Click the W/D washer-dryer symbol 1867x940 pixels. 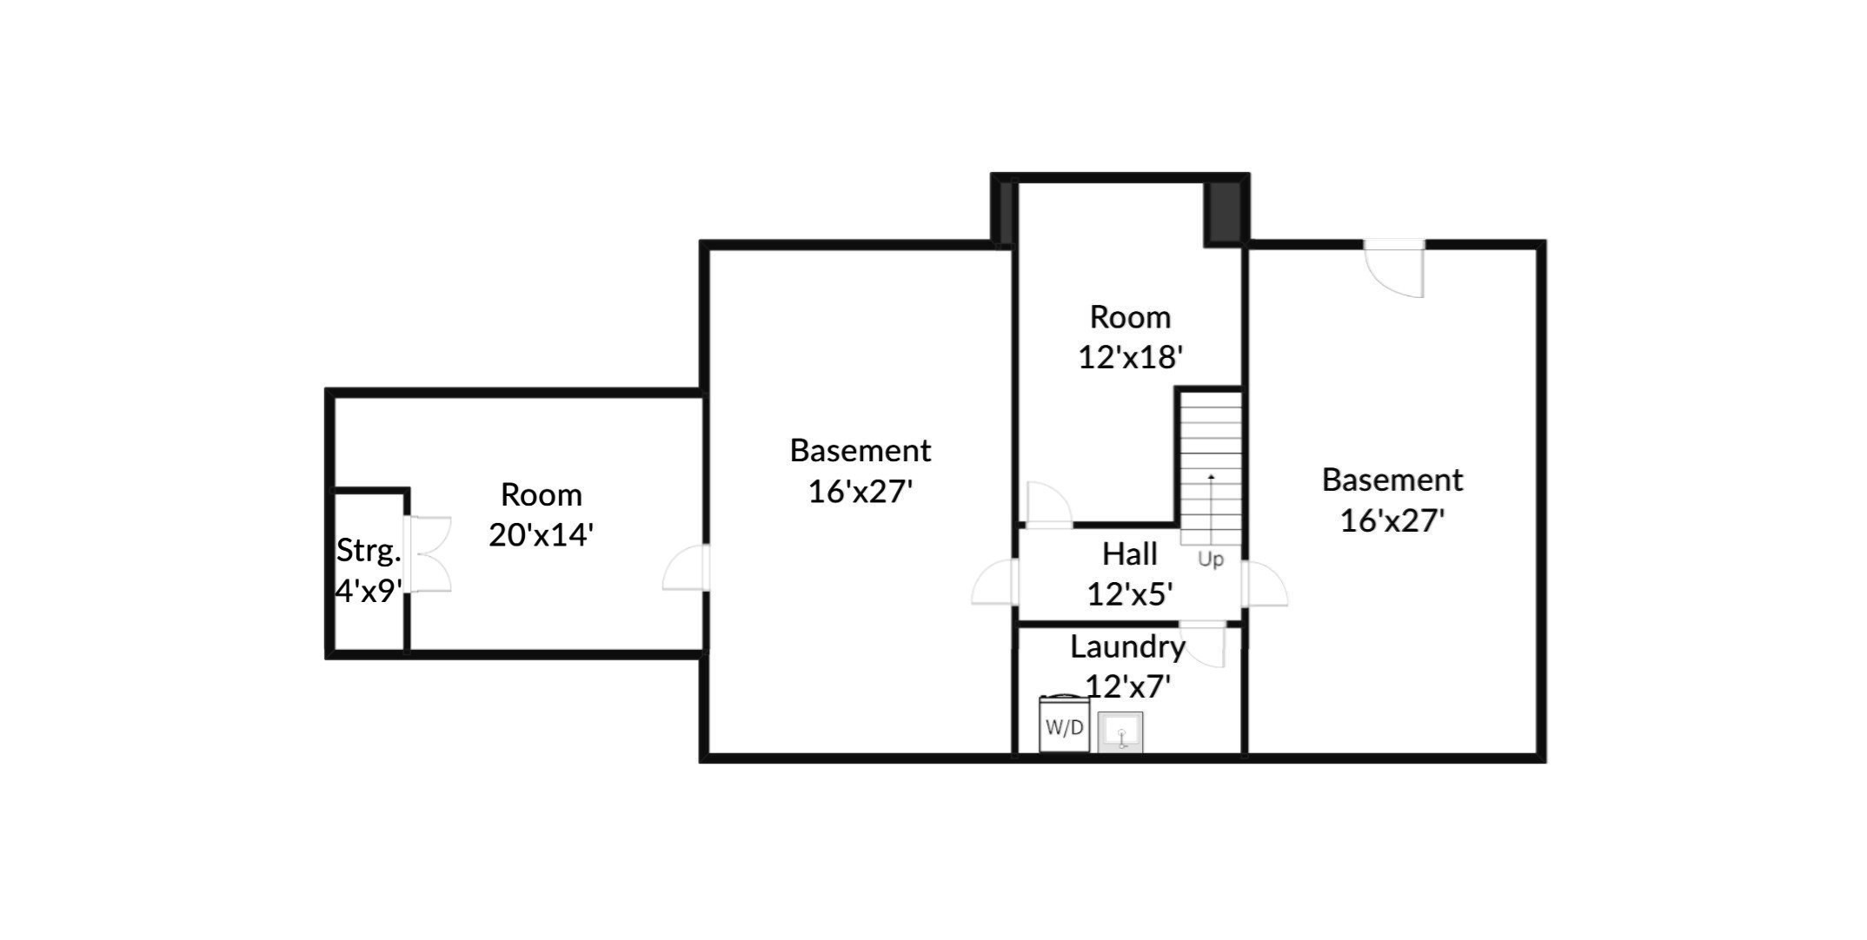pos(1064,726)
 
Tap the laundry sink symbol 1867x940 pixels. pos(1120,731)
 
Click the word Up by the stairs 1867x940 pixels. pos(1210,559)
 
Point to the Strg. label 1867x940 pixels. pos(369,550)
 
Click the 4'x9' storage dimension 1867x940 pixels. pos(369,591)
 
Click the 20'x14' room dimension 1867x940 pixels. pos(541,534)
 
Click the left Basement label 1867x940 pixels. pos(860,450)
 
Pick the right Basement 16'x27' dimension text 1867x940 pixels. pos(1392,520)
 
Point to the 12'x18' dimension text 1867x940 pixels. pos(1130,357)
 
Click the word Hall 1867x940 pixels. pos(1129,553)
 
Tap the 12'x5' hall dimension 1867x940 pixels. pos(1129,594)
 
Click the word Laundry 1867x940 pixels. pos(1127,646)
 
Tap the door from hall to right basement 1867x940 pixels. pos(1265,584)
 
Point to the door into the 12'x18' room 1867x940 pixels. pos(1048,505)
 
